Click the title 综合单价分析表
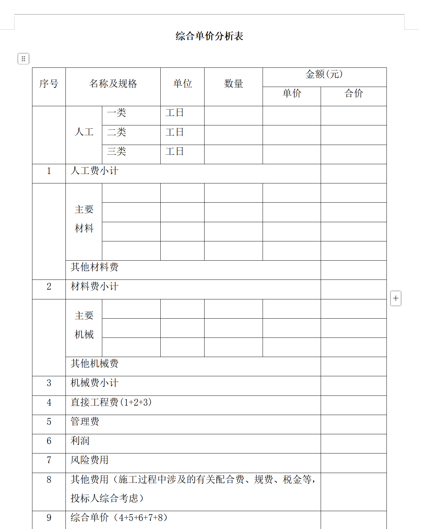209,36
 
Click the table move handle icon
23,59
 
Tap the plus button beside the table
396,298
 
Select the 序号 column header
49,84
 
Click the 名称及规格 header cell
113,84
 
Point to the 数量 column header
234,84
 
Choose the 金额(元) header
324,74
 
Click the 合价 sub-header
353,93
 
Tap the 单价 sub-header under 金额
292,93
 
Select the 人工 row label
84,132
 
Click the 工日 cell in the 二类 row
174,132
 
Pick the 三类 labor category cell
116,151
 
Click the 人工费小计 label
95,171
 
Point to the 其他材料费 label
95,267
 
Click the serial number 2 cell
49,287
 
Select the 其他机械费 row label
95,363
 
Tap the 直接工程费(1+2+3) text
111,402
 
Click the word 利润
80,441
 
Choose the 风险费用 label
89,460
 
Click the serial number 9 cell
49,518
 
